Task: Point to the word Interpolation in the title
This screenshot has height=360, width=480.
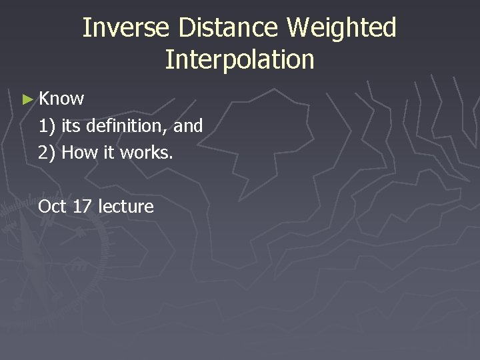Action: pos(239,59)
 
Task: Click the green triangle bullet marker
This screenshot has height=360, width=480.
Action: pos(27,99)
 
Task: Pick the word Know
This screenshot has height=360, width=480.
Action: pos(61,99)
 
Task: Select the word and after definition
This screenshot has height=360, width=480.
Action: pos(188,126)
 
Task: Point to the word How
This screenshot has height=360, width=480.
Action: pos(79,153)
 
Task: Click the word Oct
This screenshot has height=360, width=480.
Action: pos(52,207)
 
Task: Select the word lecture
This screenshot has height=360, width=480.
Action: pos(125,207)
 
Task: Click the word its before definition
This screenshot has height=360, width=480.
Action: pos(73,126)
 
